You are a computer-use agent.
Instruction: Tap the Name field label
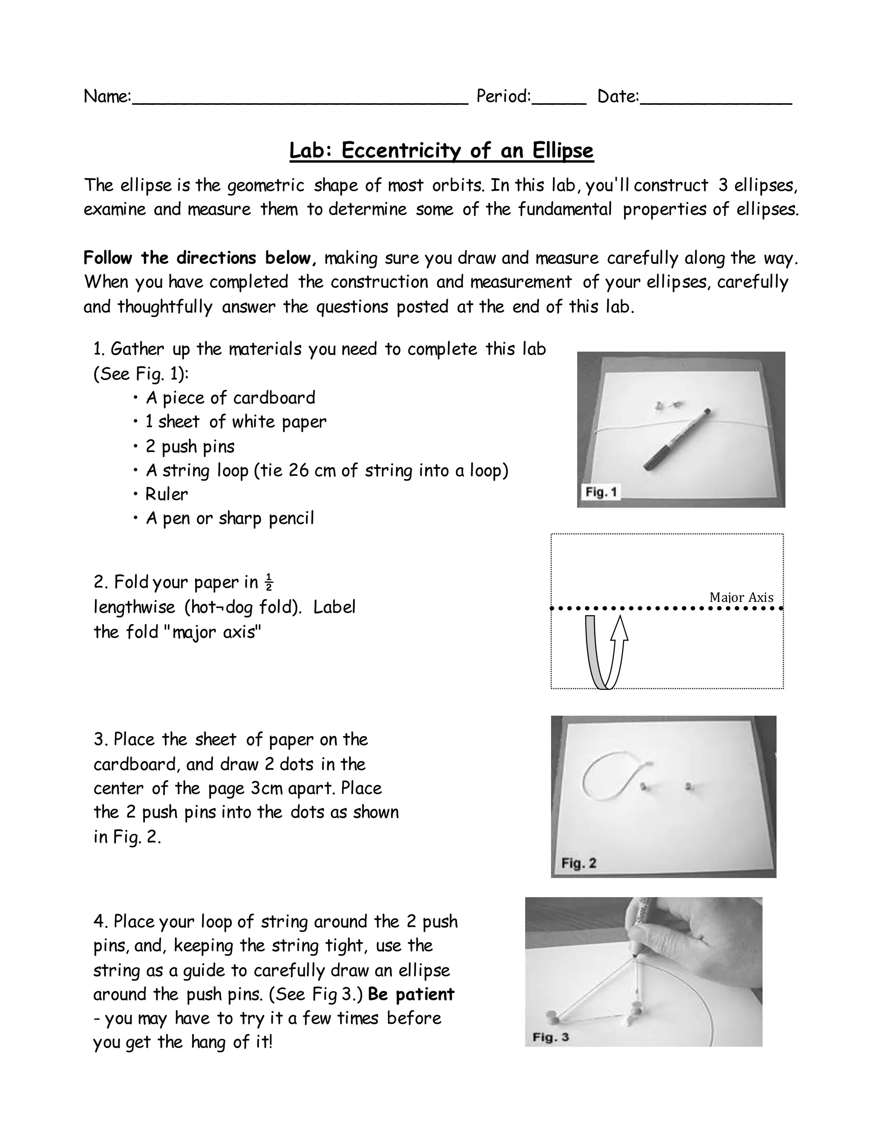tap(107, 96)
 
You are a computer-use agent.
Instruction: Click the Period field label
tap(503, 96)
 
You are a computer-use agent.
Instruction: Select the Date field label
tap(618, 96)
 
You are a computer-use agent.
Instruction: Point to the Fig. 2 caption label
tap(579, 863)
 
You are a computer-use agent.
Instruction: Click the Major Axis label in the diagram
tap(741, 597)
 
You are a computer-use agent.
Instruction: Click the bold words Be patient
tap(411, 994)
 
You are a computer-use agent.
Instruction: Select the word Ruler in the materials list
tap(167, 494)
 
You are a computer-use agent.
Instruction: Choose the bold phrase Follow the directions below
tap(200, 258)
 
